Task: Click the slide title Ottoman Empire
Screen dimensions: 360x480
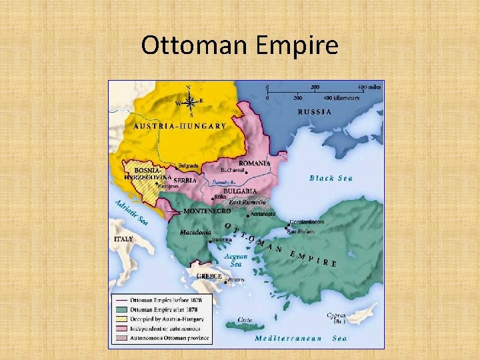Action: pyautogui.click(x=240, y=45)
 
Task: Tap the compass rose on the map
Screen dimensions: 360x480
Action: pyautogui.click(x=189, y=102)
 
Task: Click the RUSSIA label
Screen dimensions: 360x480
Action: pyautogui.click(x=314, y=112)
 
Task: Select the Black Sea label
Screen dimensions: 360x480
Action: pyautogui.click(x=331, y=178)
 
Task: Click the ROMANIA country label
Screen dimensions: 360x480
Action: pyautogui.click(x=255, y=163)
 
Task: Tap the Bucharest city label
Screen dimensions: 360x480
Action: pyautogui.click(x=233, y=171)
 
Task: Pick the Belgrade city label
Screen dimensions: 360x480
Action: pyautogui.click(x=189, y=165)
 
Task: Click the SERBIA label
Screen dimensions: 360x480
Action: pyautogui.click(x=185, y=180)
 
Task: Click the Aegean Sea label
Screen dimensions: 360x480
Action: pyautogui.click(x=236, y=260)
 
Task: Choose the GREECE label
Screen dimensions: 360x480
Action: pyautogui.click(x=209, y=275)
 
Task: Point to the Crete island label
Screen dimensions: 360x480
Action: pyautogui.click(x=245, y=320)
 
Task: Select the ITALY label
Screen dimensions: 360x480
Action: pyautogui.click(x=123, y=239)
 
